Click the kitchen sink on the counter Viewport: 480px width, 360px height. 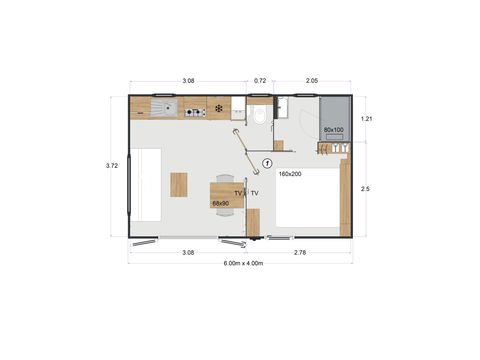[161, 107]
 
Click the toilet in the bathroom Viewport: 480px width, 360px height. [260, 115]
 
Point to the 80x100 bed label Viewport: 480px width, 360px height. [334, 130]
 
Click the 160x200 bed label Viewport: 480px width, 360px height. [290, 175]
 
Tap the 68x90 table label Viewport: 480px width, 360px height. [221, 203]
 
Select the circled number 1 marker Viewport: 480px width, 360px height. [267, 163]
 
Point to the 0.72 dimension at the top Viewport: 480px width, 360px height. [260, 79]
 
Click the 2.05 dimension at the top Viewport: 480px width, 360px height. [311, 79]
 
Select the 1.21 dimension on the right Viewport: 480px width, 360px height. [369, 119]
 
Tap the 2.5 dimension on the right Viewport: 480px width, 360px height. [368, 188]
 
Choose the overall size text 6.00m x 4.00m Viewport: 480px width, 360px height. [240, 263]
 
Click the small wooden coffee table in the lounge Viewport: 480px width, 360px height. [179, 185]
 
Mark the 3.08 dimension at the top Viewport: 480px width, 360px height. [188, 79]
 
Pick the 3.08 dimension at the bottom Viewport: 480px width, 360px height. [188, 252]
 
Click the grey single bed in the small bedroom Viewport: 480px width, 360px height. [333, 120]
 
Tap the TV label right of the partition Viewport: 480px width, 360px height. [255, 192]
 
